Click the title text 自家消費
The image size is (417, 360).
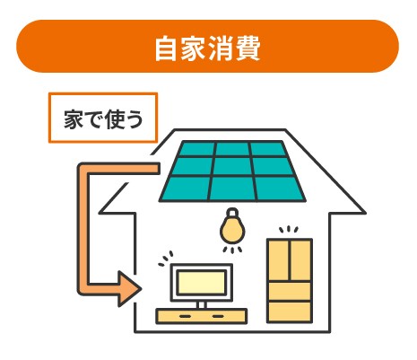pos(207,48)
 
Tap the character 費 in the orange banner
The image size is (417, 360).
pos(248,48)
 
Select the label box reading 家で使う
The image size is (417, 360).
pos(103,118)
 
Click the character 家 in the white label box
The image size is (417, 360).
pos(74,119)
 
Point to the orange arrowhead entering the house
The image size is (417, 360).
pos(129,289)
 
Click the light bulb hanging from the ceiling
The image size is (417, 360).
pos(232,225)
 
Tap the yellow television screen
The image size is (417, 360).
pos(201,283)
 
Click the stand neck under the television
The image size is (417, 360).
pos(202,305)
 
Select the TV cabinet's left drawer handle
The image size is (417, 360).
pos(185,316)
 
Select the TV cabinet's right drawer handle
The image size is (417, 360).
pos(218,316)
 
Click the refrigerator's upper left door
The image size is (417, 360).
pos(279,260)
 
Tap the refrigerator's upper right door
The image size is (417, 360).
pos(301,260)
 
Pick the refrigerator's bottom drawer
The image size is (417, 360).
pos(290,312)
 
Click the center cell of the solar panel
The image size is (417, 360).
pos(232,166)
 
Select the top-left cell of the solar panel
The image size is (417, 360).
pos(197,149)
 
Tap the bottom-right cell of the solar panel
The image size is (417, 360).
pos(280,189)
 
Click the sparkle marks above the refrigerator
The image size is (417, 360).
pos(289,230)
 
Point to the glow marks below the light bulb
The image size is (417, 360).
pos(232,250)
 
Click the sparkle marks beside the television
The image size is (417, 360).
pos(166,259)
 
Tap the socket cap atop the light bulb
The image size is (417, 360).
pos(232,212)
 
